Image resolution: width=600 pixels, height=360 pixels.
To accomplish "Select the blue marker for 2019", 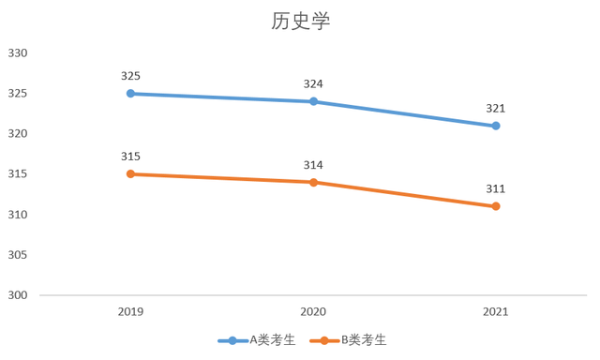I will click(131, 94).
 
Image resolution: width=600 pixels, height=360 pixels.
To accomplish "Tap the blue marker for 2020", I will click(313, 101).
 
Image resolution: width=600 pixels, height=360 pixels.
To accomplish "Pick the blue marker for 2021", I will click(496, 126).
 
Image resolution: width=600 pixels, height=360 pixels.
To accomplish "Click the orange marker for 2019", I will click(131, 174).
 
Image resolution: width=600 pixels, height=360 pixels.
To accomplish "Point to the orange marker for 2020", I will click(313, 182).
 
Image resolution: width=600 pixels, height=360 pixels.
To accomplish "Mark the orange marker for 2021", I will click(496, 206).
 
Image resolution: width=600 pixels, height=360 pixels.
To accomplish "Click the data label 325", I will click(131, 75).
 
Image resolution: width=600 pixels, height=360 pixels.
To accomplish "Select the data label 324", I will click(313, 83).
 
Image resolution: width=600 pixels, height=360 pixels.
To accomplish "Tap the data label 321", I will click(496, 108).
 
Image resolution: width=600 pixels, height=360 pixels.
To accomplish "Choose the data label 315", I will click(131, 156).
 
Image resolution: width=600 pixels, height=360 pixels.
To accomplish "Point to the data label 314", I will click(313, 165).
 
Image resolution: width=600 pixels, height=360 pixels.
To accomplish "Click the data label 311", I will click(496, 188).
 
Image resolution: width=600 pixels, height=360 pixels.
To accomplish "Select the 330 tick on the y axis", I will click(19, 53).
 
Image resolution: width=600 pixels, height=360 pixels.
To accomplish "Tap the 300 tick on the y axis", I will click(19, 295).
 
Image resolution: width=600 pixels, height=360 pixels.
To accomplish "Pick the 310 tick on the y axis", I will click(19, 215).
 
